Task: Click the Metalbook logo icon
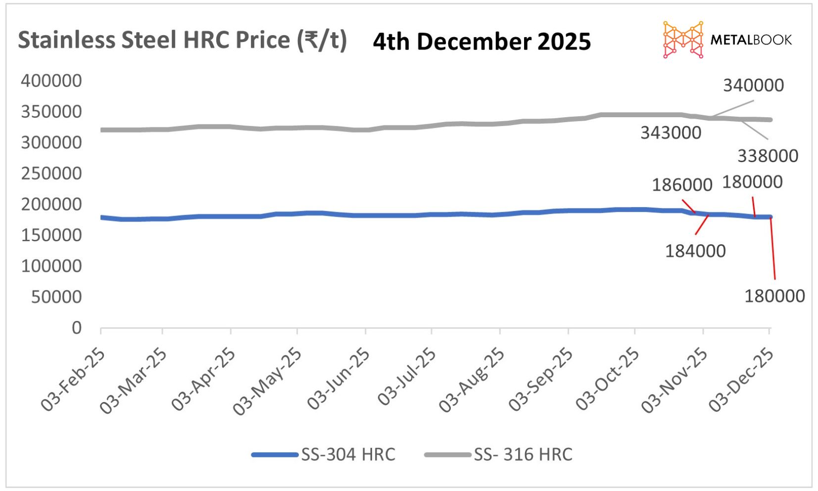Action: (683, 40)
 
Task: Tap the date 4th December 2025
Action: (481, 42)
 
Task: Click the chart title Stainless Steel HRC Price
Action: (182, 40)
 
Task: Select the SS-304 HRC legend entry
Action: (324, 454)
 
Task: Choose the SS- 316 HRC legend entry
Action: (498, 454)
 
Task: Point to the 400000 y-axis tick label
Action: (51, 81)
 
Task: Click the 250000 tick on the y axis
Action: (51, 174)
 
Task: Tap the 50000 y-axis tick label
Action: (56, 297)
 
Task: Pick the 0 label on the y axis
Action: (77, 328)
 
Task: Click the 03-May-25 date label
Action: (267, 381)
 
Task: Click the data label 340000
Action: (753, 86)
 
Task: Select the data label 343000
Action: (671, 133)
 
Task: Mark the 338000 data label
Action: (768, 156)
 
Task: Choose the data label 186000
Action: (682, 185)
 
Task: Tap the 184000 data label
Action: (695, 251)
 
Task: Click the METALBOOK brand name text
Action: (751, 40)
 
